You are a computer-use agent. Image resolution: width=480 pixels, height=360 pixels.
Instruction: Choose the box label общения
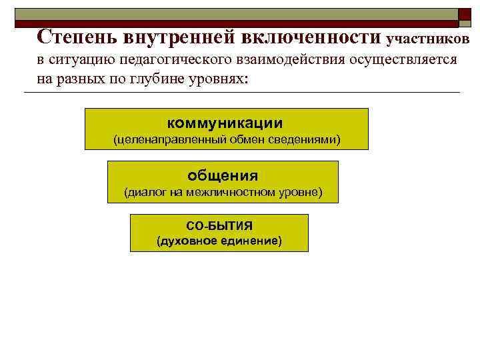pos(223,176)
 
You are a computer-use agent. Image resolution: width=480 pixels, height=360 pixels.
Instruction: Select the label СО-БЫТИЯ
pos(219,225)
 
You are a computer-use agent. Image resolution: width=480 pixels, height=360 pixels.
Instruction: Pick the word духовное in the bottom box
pos(186,241)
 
